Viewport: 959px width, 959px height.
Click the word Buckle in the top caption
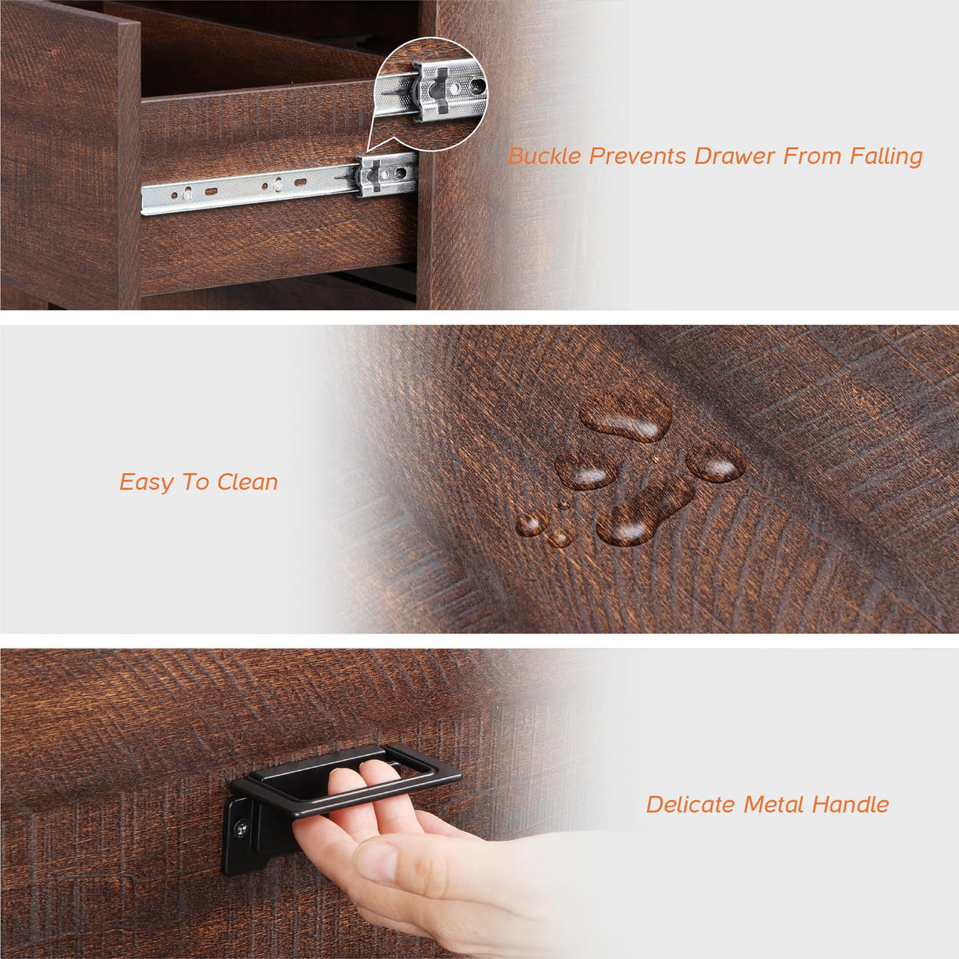click(x=544, y=156)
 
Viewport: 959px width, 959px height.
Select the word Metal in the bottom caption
click(x=774, y=804)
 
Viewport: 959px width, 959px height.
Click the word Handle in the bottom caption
click(x=850, y=804)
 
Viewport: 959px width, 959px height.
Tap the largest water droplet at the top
click(x=626, y=416)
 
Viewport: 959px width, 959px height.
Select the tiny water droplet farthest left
click(x=530, y=523)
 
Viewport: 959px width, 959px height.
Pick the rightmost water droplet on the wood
click(x=716, y=462)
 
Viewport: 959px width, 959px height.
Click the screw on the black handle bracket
click(x=240, y=826)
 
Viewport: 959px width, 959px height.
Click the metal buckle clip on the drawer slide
click(x=386, y=174)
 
